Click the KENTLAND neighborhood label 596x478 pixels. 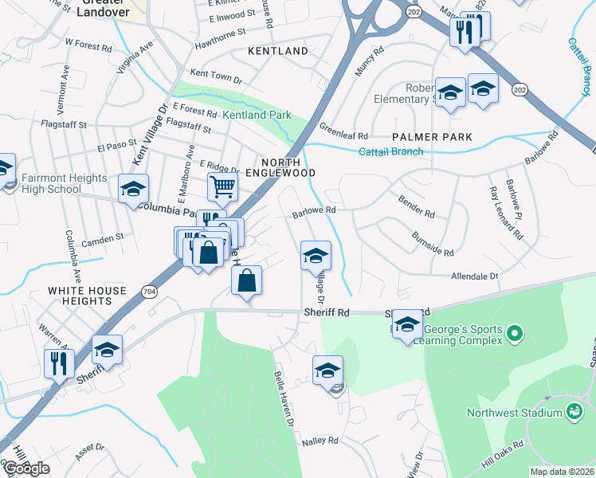pyautogui.click(x=277, y=51)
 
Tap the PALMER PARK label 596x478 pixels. pyautogui.click(x=431, y=137)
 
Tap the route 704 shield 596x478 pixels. pyautogui.click(x=151, y=294)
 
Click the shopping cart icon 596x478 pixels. pyautogui.click(x=223, y=187)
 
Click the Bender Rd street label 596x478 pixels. pyautogui.click(x=417, y=214)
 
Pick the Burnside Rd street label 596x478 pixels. pyautogui.click(x=433, y=244)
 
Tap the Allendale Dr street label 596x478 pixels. pyautogui.click(x=473, y=276)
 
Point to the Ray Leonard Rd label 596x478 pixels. pyautogui.click(x=506, y=215)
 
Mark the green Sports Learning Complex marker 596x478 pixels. pyautogui.click(x=514, y=332)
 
